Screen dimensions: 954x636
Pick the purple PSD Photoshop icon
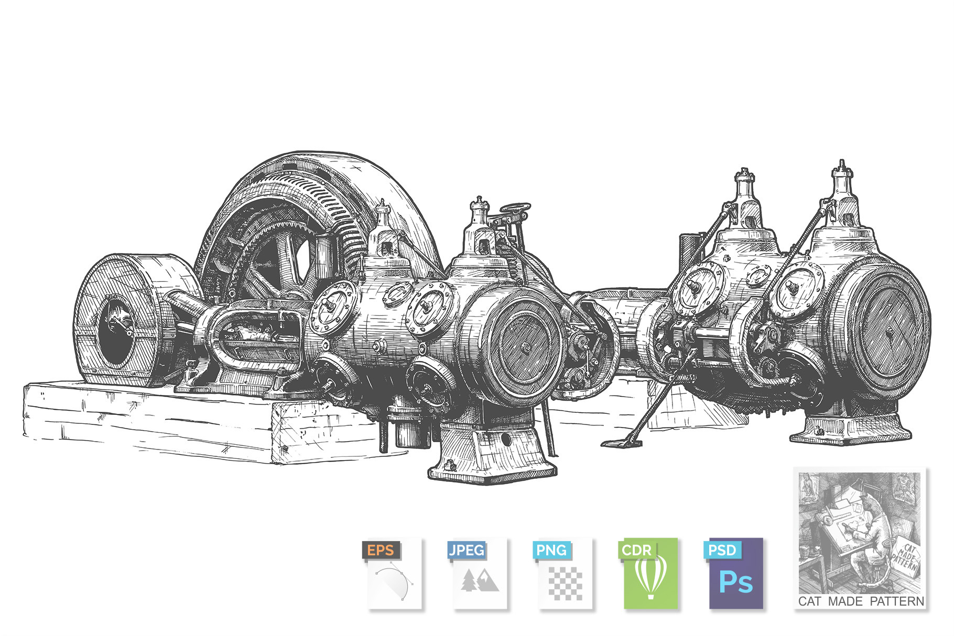click(x=733, y=574)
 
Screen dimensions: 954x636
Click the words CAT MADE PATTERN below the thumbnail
click(x=861, y=601)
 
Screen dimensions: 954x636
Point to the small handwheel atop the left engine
click(x=515, y=209)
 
